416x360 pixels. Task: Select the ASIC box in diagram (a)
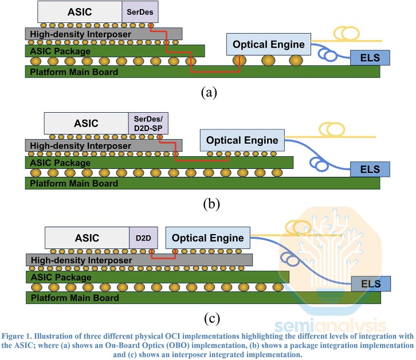[x=80, y=11]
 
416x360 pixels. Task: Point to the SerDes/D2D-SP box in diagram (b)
[x=149, y=123]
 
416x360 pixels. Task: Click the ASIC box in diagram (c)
[x=87, y=238]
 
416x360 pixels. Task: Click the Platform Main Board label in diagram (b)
[x=74, y=183]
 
